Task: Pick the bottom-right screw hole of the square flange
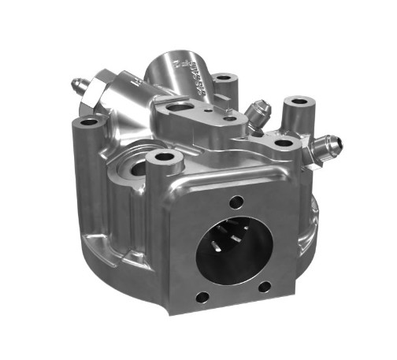(265, 286)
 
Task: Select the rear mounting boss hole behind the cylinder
(225, 78)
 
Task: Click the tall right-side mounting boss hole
(297, 102)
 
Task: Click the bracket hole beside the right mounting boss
(280, 143)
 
